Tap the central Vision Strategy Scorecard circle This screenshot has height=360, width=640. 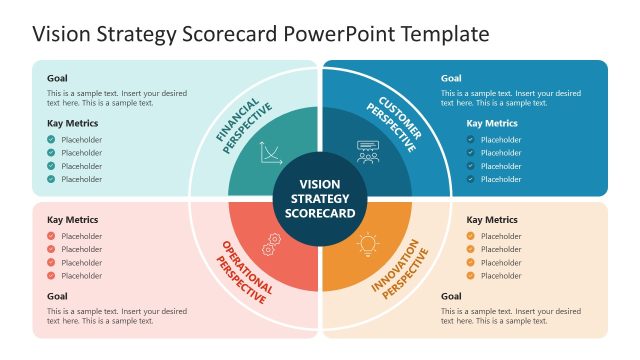pyautogui.click(x=320, y=198)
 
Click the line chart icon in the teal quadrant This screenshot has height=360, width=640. pyautogui.click(x=270, y=153)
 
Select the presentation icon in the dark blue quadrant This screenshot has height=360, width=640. pyautogui.click(x=368, y=153)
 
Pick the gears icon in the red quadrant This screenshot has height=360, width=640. pyautogui.click(x=270, y=243)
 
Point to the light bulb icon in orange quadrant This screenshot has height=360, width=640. pyautogui.click(x=368, y=243)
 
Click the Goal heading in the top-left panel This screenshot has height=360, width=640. pyautogui.click(x=57, y=78)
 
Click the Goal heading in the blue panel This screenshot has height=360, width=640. pyautogui.click(x=451, y=78)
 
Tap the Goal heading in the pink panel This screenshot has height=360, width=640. pyautogui.click(x=57, y=296)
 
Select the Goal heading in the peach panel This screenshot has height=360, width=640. pyautogui.click(x=451, y=296)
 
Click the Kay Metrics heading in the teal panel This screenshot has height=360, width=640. pyautogui.click(x=73, y=123)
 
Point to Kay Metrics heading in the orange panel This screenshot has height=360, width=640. pyautogui.click(x=492, y=219)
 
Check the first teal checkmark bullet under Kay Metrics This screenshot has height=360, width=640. pyautogui.click(x=51, y=140)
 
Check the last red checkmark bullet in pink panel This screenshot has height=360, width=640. pyautogui.click(x=51, y=275)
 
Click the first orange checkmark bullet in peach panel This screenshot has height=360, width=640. pyautogui.click(x=470, y=236)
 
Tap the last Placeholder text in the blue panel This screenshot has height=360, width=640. pyautogui.click(x=501, y=179)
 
